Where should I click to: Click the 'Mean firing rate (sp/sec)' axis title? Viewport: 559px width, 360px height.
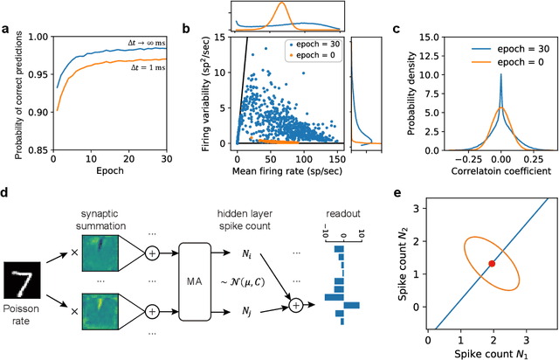(276, 173)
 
